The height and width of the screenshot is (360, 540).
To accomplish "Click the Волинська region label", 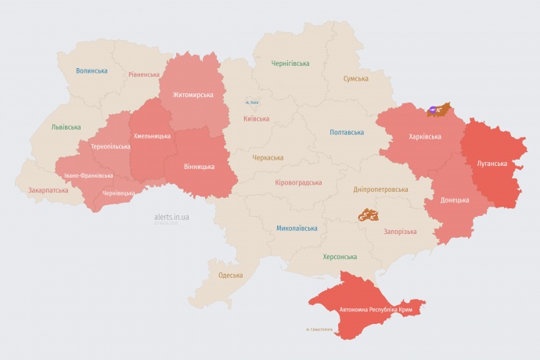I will coord(92,70).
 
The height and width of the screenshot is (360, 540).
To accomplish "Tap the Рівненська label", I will coord(144,75).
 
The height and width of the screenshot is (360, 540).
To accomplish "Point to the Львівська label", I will coord(66,127).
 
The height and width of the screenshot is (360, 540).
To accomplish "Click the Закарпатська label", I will coord(48,190).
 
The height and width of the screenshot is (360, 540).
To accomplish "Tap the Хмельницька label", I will coord(152,136).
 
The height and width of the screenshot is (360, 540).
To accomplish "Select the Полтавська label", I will coord(347,132).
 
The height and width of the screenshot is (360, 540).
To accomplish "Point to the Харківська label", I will coord(425,136).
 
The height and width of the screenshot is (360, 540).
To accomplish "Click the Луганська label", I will coord(491,164).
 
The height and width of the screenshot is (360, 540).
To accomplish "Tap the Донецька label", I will coord(455,200).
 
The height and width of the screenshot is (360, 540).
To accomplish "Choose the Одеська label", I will coord(230,275).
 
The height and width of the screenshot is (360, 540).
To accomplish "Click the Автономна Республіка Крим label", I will coord(376,310).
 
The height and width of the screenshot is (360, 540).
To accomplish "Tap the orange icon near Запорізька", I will coord(368,214).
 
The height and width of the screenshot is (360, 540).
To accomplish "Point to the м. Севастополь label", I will coord(319,329).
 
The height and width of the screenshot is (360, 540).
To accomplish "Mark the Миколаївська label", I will coord(297,229).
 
